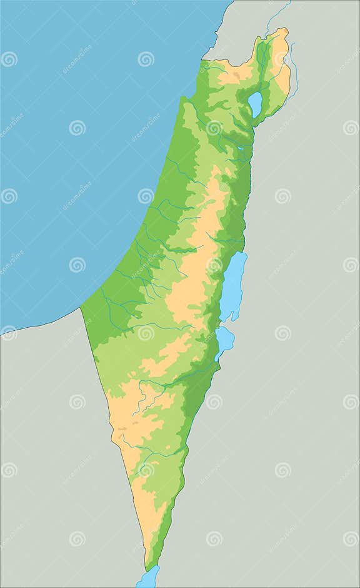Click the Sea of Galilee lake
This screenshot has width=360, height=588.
point(255,104)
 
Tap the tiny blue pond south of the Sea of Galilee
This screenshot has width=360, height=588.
point(241,148)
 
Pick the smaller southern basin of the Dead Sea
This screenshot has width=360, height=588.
point(224,340)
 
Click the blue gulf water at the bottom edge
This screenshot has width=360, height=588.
point(148,578)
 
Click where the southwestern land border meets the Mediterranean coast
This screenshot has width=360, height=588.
point(81,308)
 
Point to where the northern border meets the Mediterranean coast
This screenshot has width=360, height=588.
point(204,60)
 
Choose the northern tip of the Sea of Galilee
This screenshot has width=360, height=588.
point(256,93)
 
